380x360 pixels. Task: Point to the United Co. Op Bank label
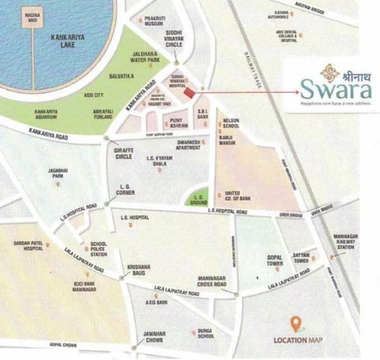[x=239, y=195]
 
